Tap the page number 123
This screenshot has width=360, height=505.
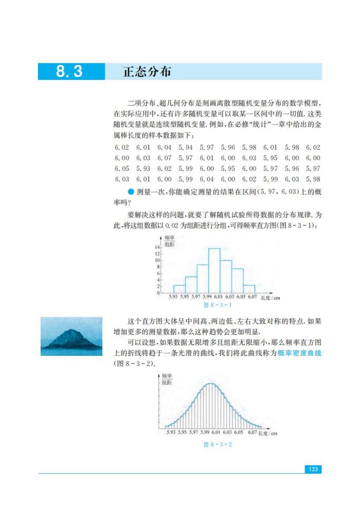[x=312, y=469]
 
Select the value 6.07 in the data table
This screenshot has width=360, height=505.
[x=164, y=158]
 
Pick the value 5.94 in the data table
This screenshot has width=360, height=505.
[x=186, y=147]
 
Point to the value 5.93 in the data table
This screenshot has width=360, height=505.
[x=143, y=168]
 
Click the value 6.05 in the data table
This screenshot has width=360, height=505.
[x=122, y=168]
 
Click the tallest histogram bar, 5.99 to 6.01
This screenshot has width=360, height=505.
[x=214, y=270]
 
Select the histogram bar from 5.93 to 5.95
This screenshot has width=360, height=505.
[x=179, y=289]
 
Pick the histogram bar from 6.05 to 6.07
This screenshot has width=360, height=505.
[x=249, y=289]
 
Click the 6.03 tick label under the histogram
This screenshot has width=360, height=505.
[x=229, y=297]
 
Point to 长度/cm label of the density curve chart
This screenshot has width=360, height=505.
[x=268, y=433]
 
